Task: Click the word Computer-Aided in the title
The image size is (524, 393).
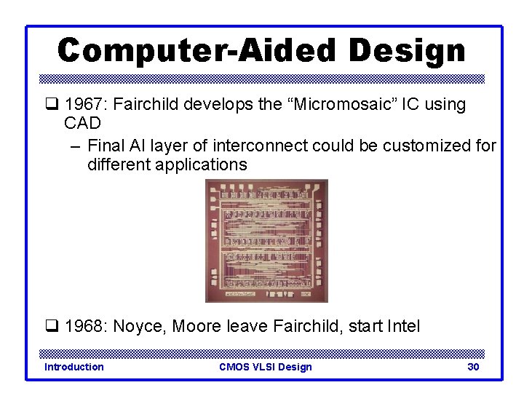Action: pyautogui.click(x=196, y=51)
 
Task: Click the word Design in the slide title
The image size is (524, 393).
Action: pyautogui.click(x=406, y=51)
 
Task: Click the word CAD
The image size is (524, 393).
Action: pyautogui.click(x=82, y=124)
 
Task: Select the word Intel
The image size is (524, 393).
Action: pyautogui.click(x=402, y=326)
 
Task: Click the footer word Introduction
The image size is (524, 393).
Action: pyautogui.click(x=74, y=367)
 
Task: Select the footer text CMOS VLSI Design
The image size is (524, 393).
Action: pyautogui.click(x=265, y=367)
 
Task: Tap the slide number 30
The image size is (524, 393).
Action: pyautogui.click(x=473, y=367)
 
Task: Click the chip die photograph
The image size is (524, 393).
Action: pyautogui.click(x=266, y=240)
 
